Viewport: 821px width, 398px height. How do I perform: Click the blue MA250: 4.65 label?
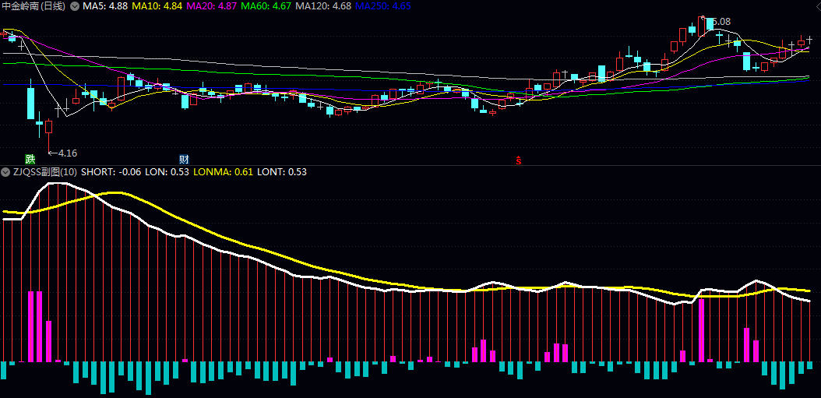(x=383, y=6)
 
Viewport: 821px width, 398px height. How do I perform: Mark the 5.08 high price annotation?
(x=721, y=22)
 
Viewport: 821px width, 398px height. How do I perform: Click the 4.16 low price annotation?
(x=67, y=153)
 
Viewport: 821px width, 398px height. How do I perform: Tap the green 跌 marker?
(x=30, y=159)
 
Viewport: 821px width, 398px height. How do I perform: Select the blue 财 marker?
(x=185, y=159)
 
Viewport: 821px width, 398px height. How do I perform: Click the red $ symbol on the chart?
(x=519, y=160)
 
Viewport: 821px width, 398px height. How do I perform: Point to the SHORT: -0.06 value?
(x=107, y=172)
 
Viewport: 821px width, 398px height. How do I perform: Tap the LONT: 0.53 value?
(x=282, y=172)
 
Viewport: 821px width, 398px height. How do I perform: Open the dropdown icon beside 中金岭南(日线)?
(x=74, y=6)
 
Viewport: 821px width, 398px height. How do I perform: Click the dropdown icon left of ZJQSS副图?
(x=5, y=172)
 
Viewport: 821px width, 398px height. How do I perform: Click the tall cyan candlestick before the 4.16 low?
(x=31, y=102)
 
